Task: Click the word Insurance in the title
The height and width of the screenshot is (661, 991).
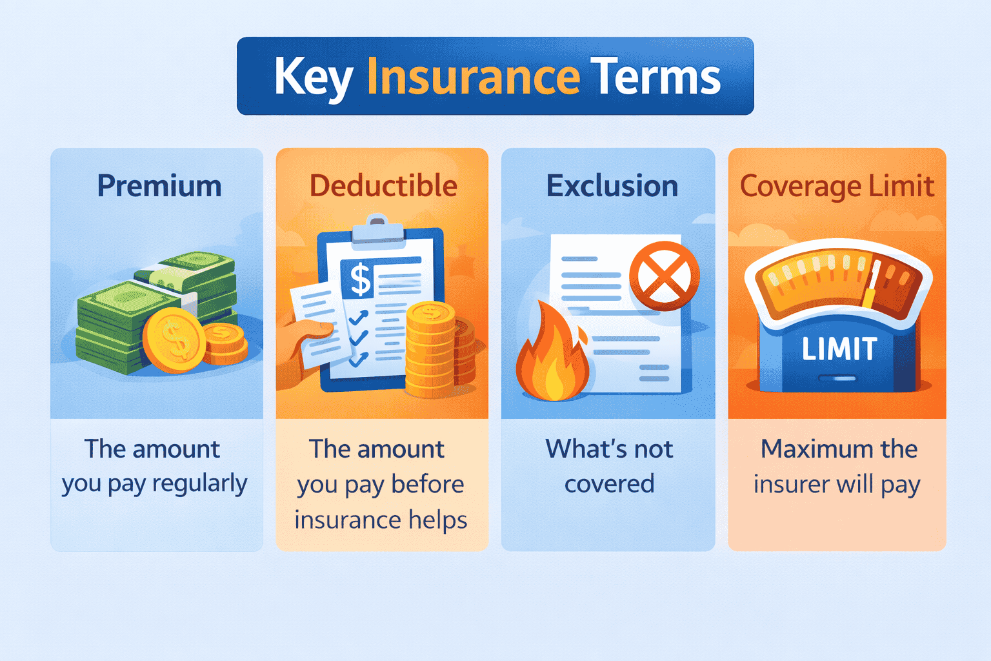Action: click(x=473, y=77)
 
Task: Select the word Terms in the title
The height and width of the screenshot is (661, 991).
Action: click(x=655, y=77)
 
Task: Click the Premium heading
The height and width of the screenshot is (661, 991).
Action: click(x=159, y=187)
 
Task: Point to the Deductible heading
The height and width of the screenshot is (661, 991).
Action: click(x=383, y=186)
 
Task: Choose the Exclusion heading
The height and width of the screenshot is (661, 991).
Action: click(x=612, y=186)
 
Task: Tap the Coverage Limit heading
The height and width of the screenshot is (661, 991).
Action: click(x=837, y=186)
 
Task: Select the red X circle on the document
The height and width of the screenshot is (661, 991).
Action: click(x=664, y=276)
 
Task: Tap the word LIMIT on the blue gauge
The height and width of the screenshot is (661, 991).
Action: click(x=839, y=349)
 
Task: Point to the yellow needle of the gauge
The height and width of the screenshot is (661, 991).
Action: click(x=872, y=284)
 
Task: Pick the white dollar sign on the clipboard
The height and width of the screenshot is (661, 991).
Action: click(x=360, y=280)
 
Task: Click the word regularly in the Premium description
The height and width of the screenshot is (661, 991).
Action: click(x=199, y=484)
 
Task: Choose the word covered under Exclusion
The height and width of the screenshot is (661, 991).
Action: click(x=609, y=484)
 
